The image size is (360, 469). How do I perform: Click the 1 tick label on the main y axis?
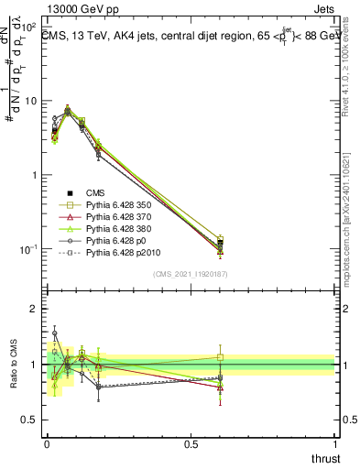click(35, 175)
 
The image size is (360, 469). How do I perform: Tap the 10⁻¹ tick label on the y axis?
click(30, 248)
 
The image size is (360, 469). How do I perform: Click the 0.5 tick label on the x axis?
click(191, 444)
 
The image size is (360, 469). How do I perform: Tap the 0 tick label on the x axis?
click(47, 444)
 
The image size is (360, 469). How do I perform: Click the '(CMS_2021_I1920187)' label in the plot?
click(191, 273)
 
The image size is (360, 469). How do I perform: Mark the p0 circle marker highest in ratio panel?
click(54, 333)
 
